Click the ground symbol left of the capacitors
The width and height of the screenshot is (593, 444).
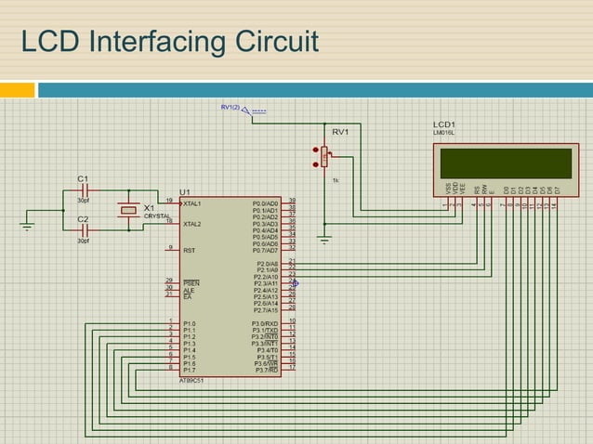(28, 226)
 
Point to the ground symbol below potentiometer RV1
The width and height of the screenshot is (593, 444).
(323, 239)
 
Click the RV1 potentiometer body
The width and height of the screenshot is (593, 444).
(324, 157)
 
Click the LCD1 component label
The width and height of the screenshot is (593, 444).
(444, 124)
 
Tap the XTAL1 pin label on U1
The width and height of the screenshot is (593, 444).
(193, 202)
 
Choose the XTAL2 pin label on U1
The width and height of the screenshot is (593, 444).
(193, 224)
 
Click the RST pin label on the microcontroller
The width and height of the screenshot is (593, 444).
(189, 250)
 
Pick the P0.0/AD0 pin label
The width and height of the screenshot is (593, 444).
(265, 202)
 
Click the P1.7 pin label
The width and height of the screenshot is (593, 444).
(190, 369)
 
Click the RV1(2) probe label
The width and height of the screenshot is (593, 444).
(230, 108)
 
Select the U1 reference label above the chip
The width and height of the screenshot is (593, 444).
(184, 190)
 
